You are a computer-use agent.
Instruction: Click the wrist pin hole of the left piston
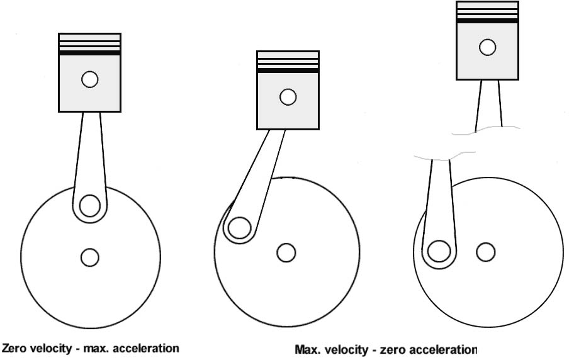pyautogui.click(x=90, y=79)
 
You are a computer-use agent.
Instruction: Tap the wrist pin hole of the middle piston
pyautogui.click(x=288, y=97)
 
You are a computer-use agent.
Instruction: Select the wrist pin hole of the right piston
pyautogui.click(x=488, y=47)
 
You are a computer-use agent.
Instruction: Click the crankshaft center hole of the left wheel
pyautogui.click(x=89, y=257)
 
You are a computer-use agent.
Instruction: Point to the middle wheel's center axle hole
pyautogui.click(x=286, y=253)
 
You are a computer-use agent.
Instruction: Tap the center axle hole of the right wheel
pyautogui.click(x=486, y=252)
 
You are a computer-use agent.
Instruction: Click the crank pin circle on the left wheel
pyautogui.click(x=89, y=206)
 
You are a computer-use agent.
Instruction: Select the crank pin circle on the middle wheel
pyautogui.click(x=239, y=228)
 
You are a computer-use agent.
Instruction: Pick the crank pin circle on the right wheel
pyautogui.click(x=439, y=252)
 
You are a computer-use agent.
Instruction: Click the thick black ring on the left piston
pyautogui.click(x=89, y=53)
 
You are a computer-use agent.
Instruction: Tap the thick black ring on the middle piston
pyautogui.click(x=288, y=70)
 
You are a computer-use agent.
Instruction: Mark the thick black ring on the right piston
pyautogui.click(x=487, y=21)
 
